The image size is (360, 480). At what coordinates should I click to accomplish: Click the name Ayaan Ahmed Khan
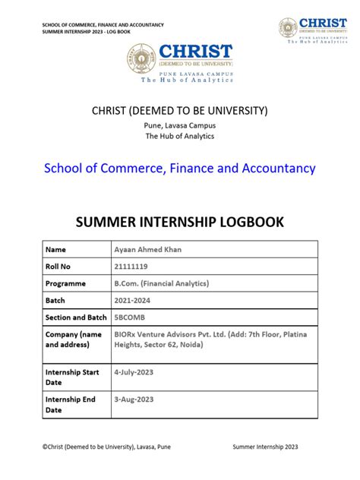[x=149, y=249]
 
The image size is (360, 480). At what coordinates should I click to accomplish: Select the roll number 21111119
[x=131, y=267]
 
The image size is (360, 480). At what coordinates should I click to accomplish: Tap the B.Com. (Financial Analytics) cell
[x=161, y=284]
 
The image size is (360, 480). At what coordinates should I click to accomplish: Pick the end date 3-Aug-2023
[x=134, y=399]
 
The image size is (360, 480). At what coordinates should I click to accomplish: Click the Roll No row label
[x=59, y=267]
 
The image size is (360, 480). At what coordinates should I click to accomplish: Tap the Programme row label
[x=66, y=284]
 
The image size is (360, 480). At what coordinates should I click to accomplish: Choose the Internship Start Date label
[x=72, y=377]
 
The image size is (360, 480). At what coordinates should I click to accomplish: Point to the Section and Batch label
[x=76, y=317]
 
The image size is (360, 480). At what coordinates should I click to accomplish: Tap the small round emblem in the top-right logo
[x=288, y=28]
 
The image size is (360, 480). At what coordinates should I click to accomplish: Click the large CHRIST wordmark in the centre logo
[x=196, y=52]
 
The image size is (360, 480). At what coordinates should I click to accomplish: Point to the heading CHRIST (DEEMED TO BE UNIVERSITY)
[x=179, y=111]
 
